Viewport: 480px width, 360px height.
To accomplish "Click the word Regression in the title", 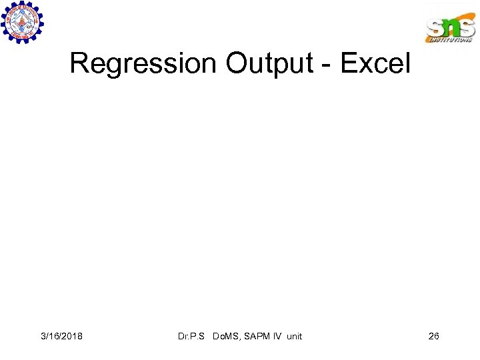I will [143, 64].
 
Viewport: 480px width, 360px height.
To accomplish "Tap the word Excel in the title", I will [375, 64].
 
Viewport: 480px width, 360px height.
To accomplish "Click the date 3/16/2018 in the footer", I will [61, 336].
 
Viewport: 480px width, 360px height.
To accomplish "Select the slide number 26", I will [433, 336].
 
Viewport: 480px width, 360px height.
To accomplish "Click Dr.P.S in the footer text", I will [192, 336].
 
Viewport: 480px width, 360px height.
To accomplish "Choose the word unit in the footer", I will [294, 336].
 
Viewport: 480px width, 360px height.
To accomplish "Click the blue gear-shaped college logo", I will [22, 23].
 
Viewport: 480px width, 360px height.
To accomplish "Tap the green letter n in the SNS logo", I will [450, 27].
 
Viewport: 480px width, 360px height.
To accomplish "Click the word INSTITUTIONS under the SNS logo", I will [451, 40].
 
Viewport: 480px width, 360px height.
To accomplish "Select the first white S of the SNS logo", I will [434, 28].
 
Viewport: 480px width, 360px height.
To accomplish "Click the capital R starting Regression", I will [79, 64].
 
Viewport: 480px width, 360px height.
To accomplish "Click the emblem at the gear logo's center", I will [22, 23].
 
